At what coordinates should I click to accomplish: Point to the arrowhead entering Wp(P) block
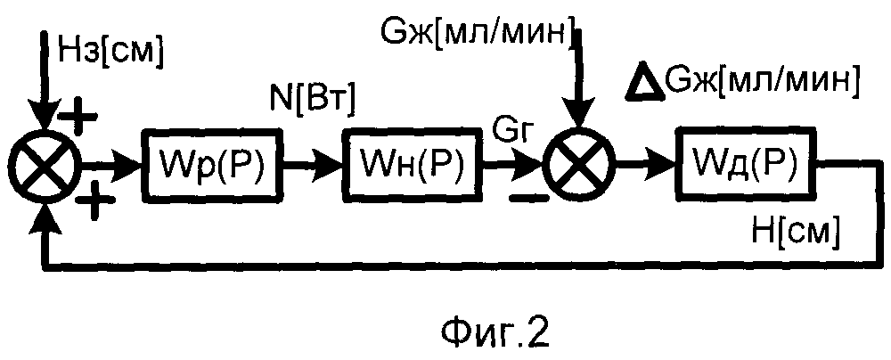pos(132,166)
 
